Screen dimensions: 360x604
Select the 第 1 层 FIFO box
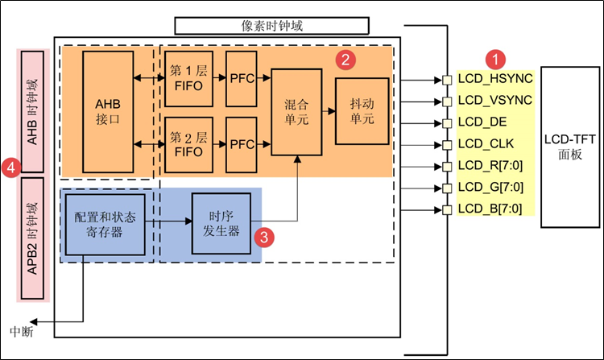point(188,79)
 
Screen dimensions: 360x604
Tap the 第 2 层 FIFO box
point(188,144)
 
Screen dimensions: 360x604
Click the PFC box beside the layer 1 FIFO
point(242,79)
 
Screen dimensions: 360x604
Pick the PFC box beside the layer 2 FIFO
point(242,144)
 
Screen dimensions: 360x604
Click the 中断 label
point(22,331)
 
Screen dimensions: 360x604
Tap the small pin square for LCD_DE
point(445,123)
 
